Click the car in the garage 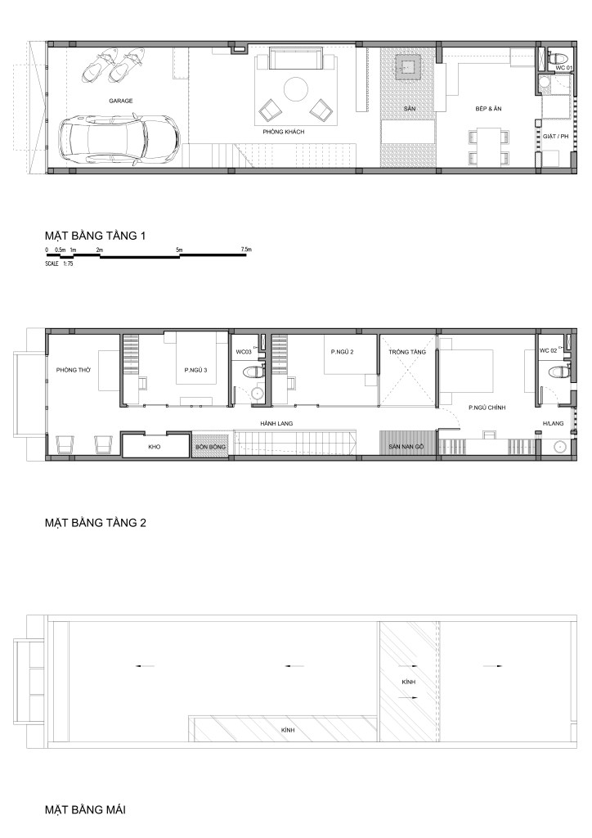(119, 137)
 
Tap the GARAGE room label (121, 101)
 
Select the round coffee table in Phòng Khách (295, 89)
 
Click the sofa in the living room (295, 58)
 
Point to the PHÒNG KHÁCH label (284, 132)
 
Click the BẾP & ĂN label (488, 109)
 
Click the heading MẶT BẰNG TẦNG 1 (95, 235)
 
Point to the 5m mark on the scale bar (179, 250)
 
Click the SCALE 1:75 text (59, 264)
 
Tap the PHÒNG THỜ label (74, 370)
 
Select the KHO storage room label (155, 446)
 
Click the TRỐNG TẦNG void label (407, 352)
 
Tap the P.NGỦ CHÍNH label (487, 408)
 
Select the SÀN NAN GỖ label (406, 446)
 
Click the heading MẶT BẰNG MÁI (85, 809)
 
